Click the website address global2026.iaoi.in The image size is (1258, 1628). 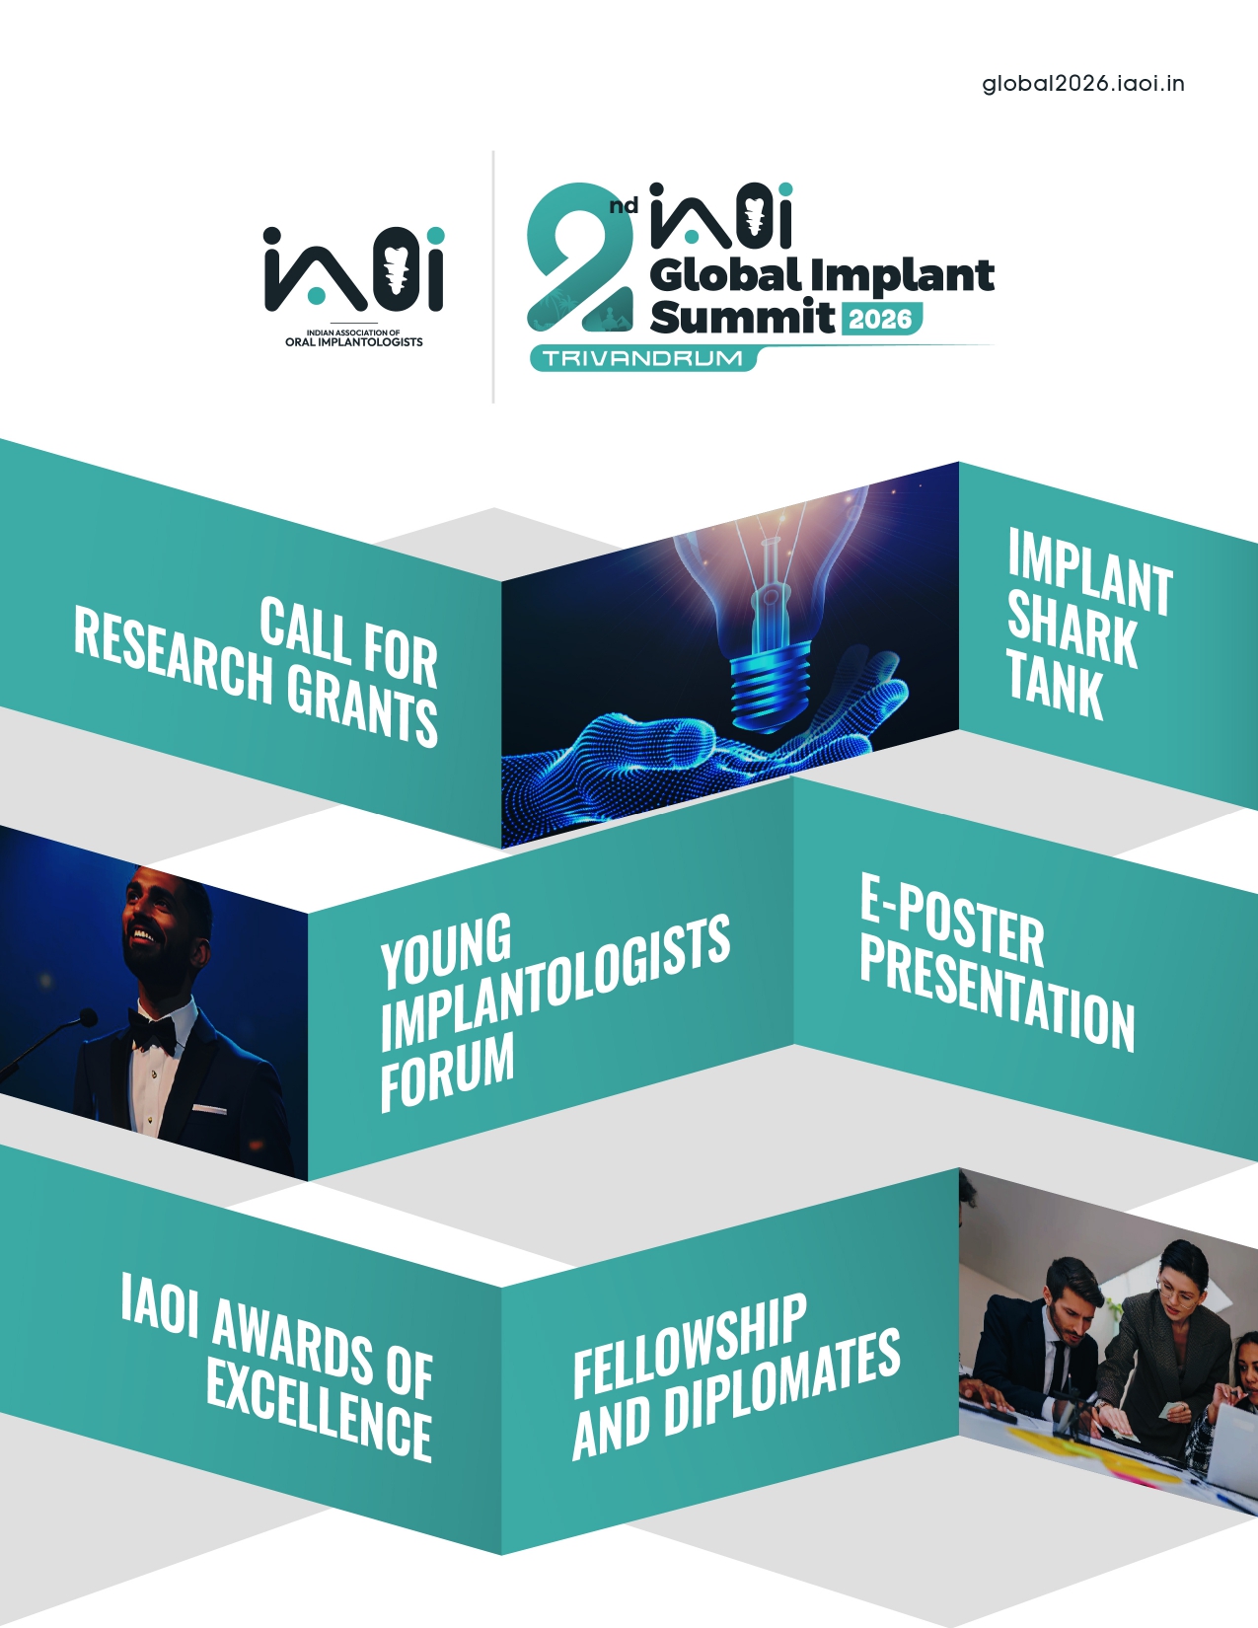point(1082,84)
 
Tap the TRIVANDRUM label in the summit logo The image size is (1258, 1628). point(642,358)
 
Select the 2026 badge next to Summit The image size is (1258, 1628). point(880,320)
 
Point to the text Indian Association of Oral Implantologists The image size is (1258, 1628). point(353,337)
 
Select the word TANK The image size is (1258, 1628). point(1054,685)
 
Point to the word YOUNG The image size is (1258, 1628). point(446,950)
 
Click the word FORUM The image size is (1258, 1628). point(447,1071)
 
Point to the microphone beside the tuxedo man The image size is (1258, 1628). point(46,1039)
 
